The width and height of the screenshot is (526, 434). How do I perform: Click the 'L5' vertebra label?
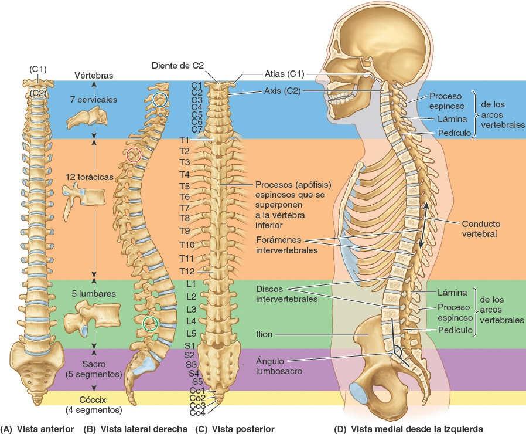(191, 334)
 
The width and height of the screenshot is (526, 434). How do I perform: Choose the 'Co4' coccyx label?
(197, 413)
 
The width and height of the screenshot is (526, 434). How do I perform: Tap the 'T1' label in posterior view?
(185, 140)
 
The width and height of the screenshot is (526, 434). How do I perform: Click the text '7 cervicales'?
(92, 100)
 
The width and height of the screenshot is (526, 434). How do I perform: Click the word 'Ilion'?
(266, 335)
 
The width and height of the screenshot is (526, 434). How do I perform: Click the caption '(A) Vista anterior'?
(37, 429)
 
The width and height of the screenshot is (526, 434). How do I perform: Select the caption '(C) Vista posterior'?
(226, 429)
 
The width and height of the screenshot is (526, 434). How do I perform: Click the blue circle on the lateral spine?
(159, 100)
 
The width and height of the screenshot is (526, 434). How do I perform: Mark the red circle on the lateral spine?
(134, 155)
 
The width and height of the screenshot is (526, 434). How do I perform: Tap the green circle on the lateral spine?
(151, 322)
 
